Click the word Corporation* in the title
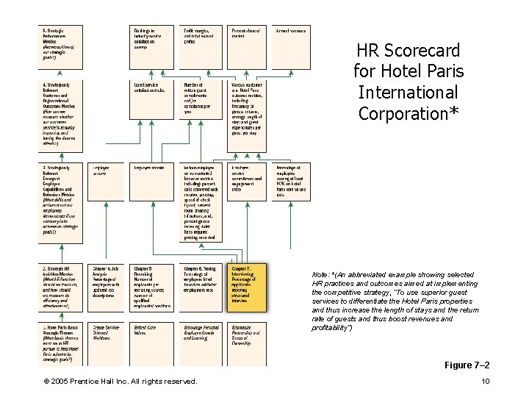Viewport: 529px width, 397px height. pyautogui.click(x=408, y=113)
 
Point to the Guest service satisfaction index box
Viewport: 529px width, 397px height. pyautogui.click(x=150, y=88)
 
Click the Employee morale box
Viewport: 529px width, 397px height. pyautogui.click(x=150, y=168)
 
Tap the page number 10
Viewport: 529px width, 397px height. pyautogui.click(x=485, y=381)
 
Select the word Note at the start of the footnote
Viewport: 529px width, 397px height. pyautogui.click(x=322, y=274)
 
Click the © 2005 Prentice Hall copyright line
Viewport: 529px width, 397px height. pyautogui.click(x=119, y=381)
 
